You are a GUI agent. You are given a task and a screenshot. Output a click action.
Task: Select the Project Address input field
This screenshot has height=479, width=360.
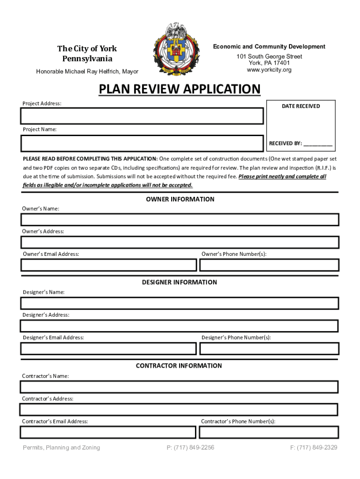click(x=142, y=116)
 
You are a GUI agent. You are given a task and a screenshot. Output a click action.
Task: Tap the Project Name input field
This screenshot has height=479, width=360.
click(x=142, y=144)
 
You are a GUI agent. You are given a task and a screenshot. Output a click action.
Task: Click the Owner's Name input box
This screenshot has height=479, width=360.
click(x=180, y=219)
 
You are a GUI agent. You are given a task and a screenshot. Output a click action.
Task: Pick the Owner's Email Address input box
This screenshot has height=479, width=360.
click(x=108, y=265)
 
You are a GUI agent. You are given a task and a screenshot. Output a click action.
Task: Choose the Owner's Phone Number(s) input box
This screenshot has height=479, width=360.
click(x=269, y=265)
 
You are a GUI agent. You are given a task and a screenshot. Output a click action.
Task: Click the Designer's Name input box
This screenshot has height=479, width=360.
click(x=180, y=303)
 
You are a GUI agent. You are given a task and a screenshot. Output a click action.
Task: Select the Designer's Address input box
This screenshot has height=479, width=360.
click(x=180, y=326)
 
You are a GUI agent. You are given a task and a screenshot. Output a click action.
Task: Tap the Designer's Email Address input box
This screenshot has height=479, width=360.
click(x=108, y=348)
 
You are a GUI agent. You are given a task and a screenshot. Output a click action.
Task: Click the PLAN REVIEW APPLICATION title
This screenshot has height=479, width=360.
click(x=180, y=89)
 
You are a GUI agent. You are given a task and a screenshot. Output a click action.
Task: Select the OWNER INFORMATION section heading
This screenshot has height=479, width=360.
click(x=180, y=199)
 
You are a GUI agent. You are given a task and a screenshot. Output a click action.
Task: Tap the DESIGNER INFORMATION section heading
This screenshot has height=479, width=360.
click(x=180, y=282)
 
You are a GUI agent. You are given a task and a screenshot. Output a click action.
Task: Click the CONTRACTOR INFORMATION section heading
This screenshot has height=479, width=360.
click(x=179, y=366)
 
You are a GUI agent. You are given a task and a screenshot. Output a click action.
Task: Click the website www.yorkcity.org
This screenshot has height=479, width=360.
click(x=269, y=70)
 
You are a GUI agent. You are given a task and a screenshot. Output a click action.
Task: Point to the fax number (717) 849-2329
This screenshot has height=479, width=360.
click(x=313, y=448)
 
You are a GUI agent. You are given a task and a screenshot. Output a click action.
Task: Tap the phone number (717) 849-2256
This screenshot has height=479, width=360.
click(x=190, y=448)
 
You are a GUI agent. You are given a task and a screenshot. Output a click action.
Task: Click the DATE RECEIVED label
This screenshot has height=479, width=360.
click(x=301, y=106)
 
